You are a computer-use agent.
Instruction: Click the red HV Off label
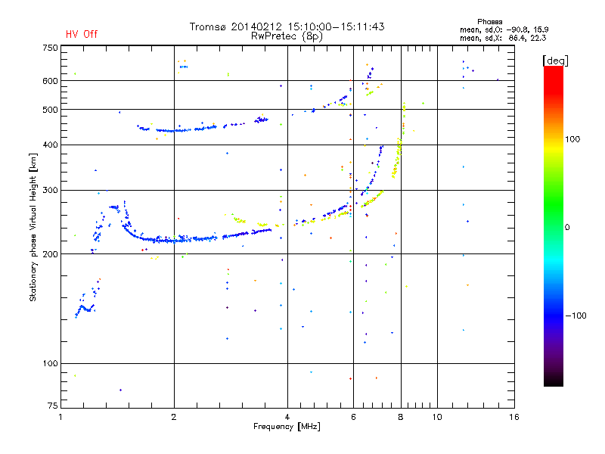pos(82,34)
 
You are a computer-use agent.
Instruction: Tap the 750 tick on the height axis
pos(50,47)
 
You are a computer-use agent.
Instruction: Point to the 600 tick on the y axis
pos(50,80)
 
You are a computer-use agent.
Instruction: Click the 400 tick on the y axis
pos(50,145)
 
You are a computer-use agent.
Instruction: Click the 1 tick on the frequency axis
pos(61,417)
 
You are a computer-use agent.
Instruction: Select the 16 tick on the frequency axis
pos(514,417)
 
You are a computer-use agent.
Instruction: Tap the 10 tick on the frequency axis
pos(437,417)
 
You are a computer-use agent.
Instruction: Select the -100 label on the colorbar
pos(576,316)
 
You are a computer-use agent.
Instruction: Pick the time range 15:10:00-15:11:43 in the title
pos(337,26)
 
